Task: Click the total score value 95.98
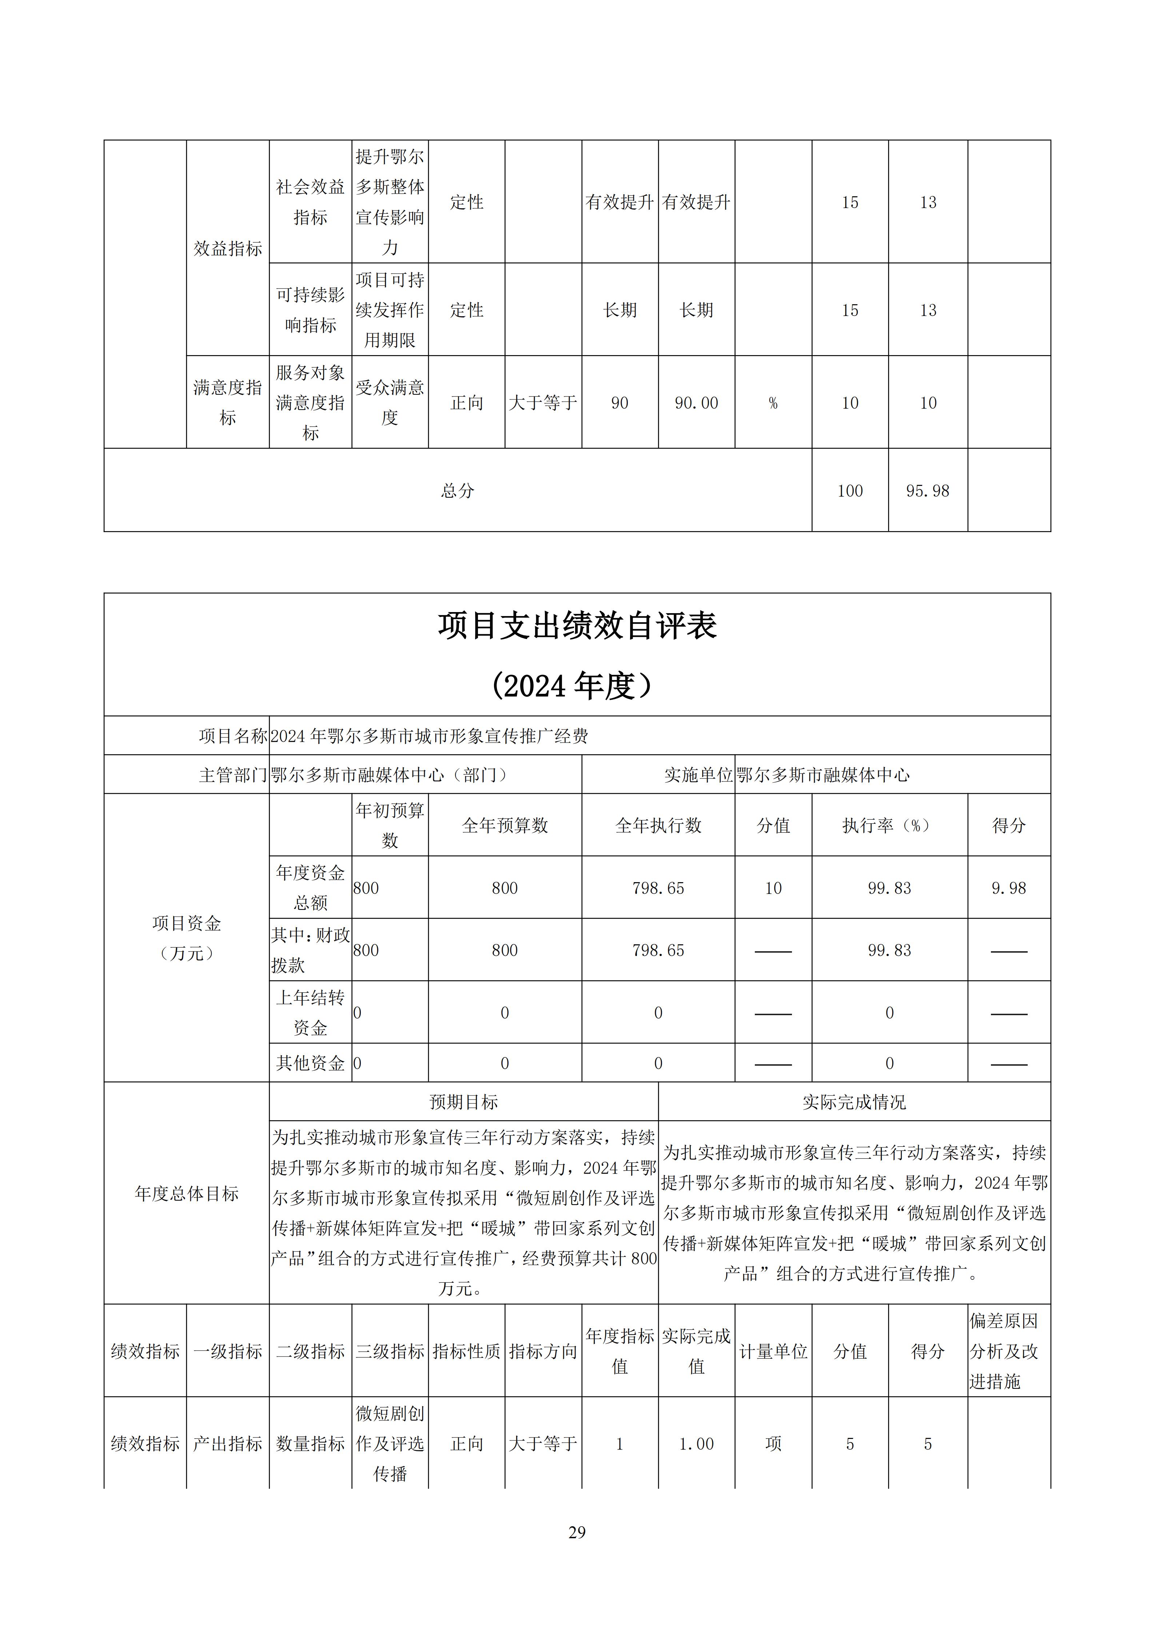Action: pos(927,490)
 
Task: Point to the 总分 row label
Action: pos(457,490)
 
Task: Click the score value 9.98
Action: pos(1008,888)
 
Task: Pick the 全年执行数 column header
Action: pos(658,825)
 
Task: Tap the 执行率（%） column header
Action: pos(889,825)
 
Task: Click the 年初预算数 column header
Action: pos(390,825)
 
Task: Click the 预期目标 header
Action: pos(464,1102)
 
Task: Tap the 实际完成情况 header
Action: pos(854,1102)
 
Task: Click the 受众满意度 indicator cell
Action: pos(390,402)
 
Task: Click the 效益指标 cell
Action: pos(228,248)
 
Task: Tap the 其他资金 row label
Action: pos(310,1064)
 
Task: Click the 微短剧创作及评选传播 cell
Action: pos(390,1444)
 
